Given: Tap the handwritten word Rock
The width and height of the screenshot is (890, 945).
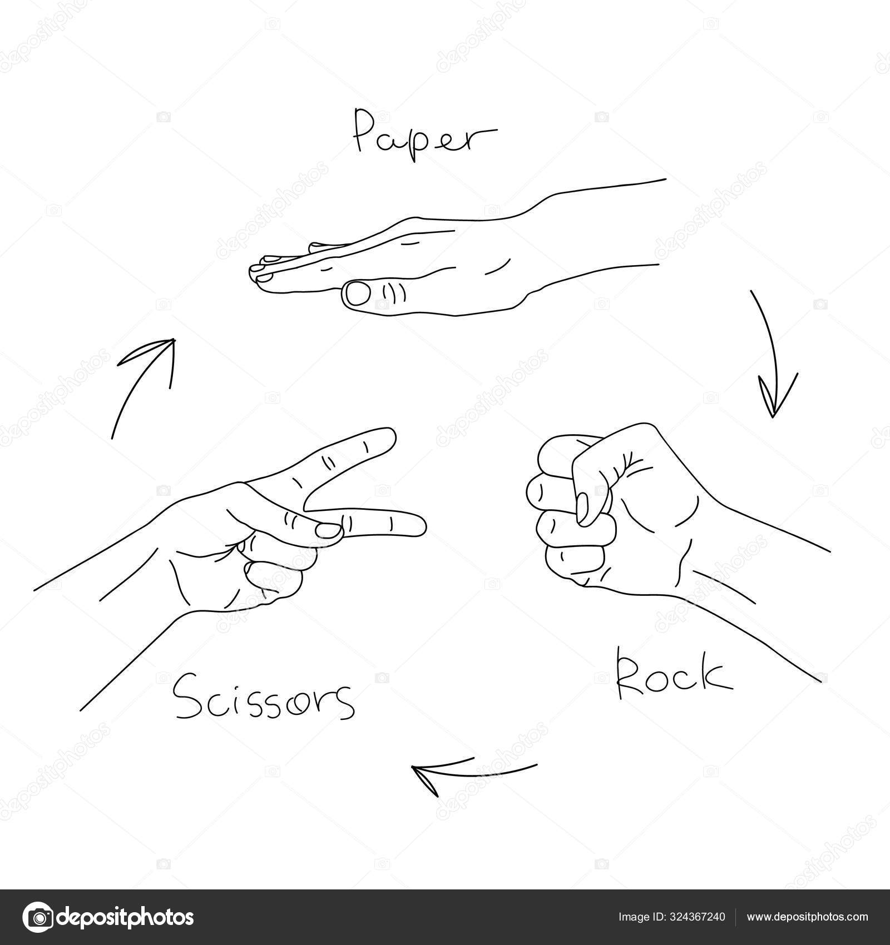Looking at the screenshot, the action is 673,677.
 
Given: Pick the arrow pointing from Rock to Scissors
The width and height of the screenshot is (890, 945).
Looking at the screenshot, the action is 473,770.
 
